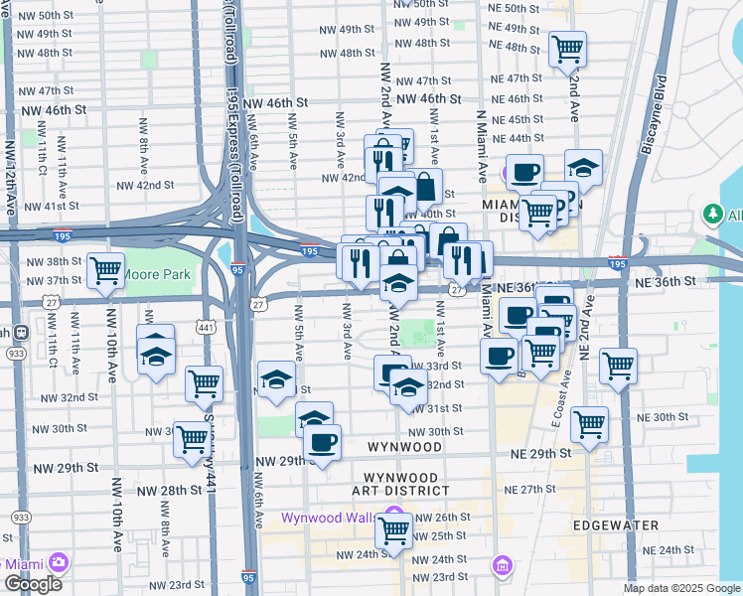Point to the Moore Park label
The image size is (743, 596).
157,273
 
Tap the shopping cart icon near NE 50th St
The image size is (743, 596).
567,47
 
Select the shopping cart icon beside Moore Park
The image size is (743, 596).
104,270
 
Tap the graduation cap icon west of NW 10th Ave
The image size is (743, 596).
156,355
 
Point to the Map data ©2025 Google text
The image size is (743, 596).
681,588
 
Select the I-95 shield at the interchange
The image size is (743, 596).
237,269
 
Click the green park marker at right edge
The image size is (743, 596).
712,214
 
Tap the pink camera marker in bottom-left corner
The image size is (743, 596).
59,563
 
